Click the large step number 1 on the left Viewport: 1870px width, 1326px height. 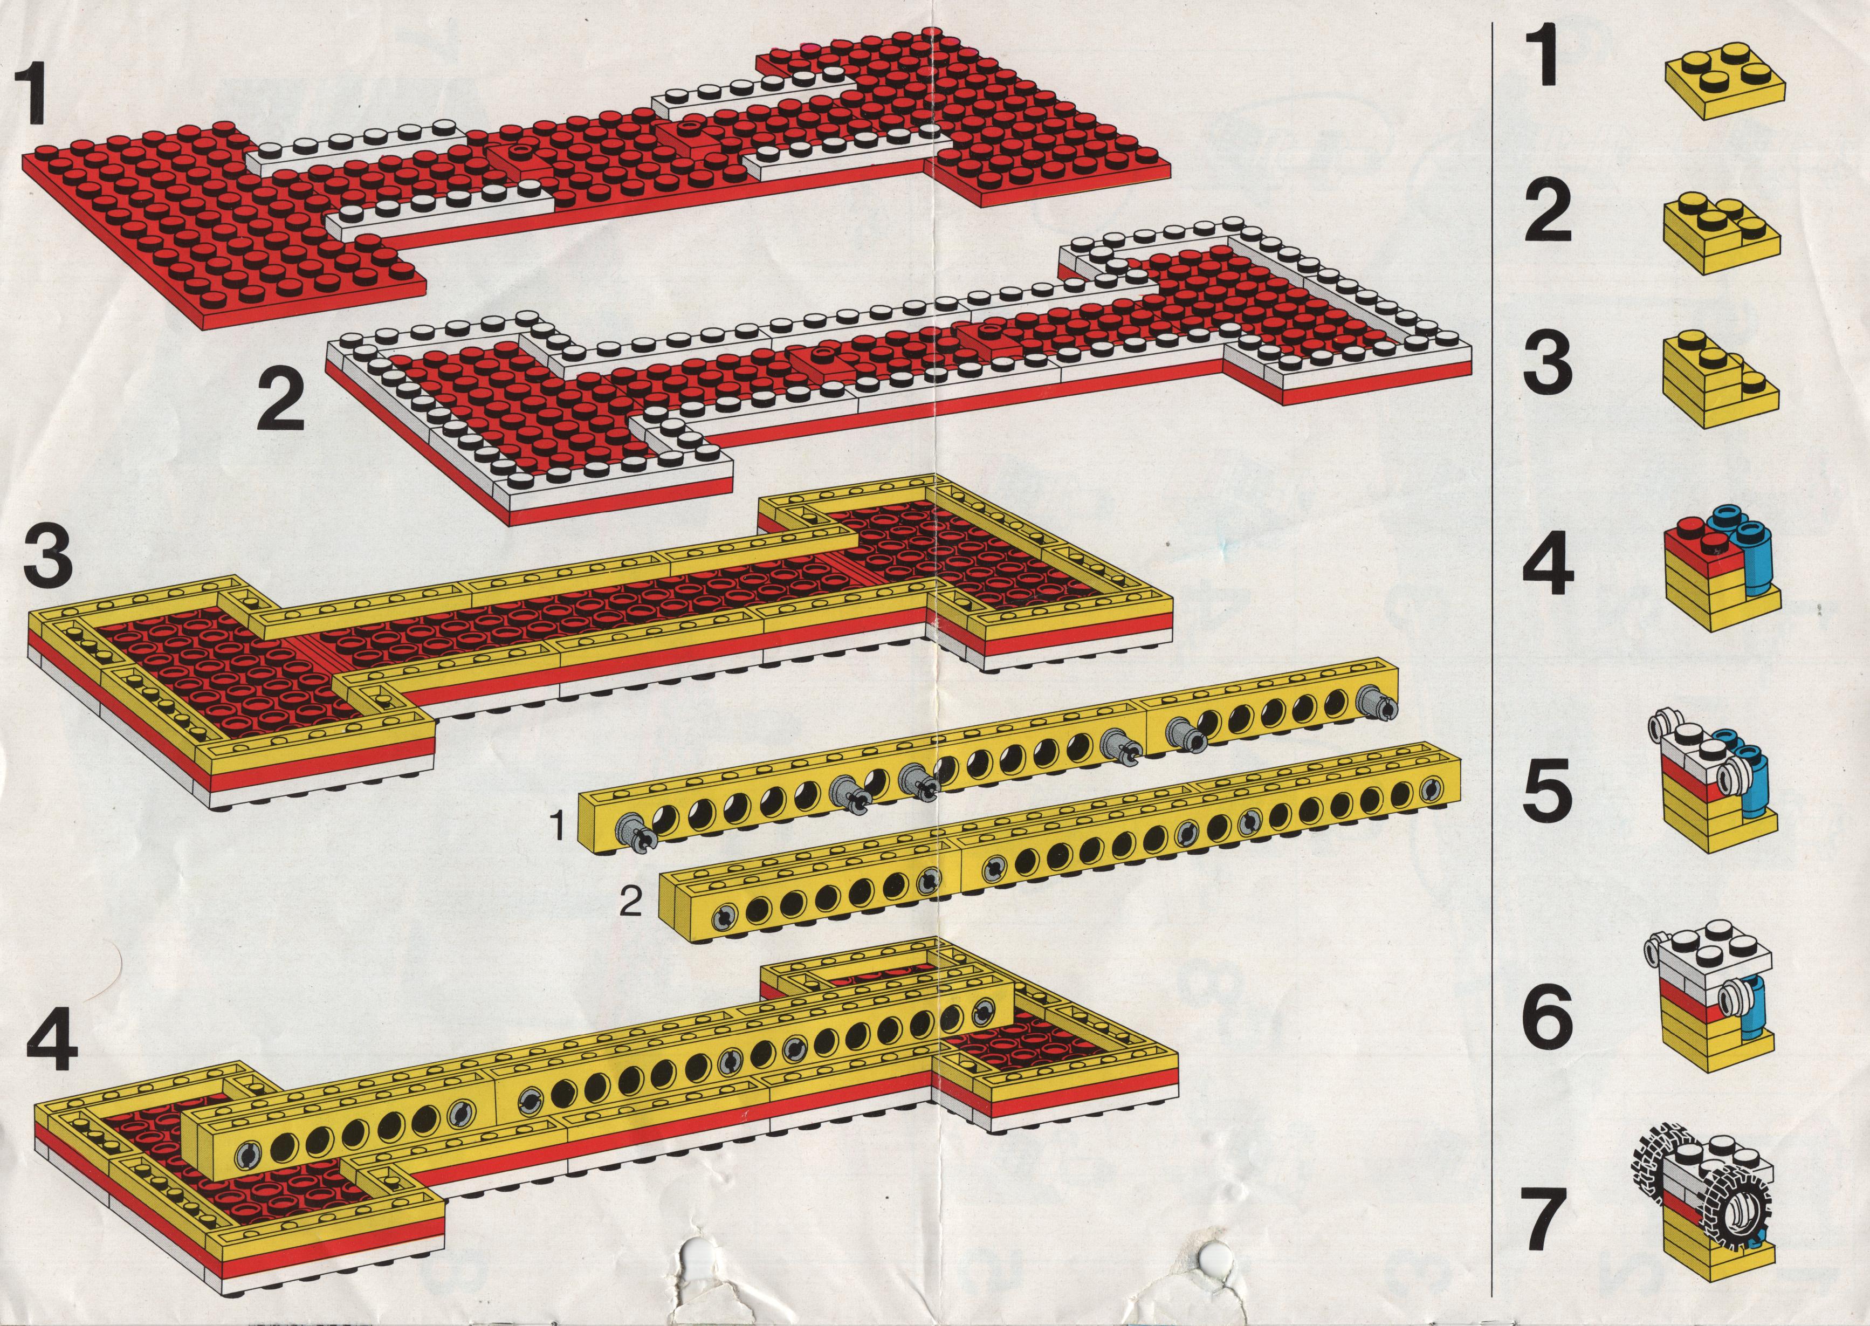[31, 97]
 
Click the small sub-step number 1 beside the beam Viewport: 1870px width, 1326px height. [558, 829]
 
